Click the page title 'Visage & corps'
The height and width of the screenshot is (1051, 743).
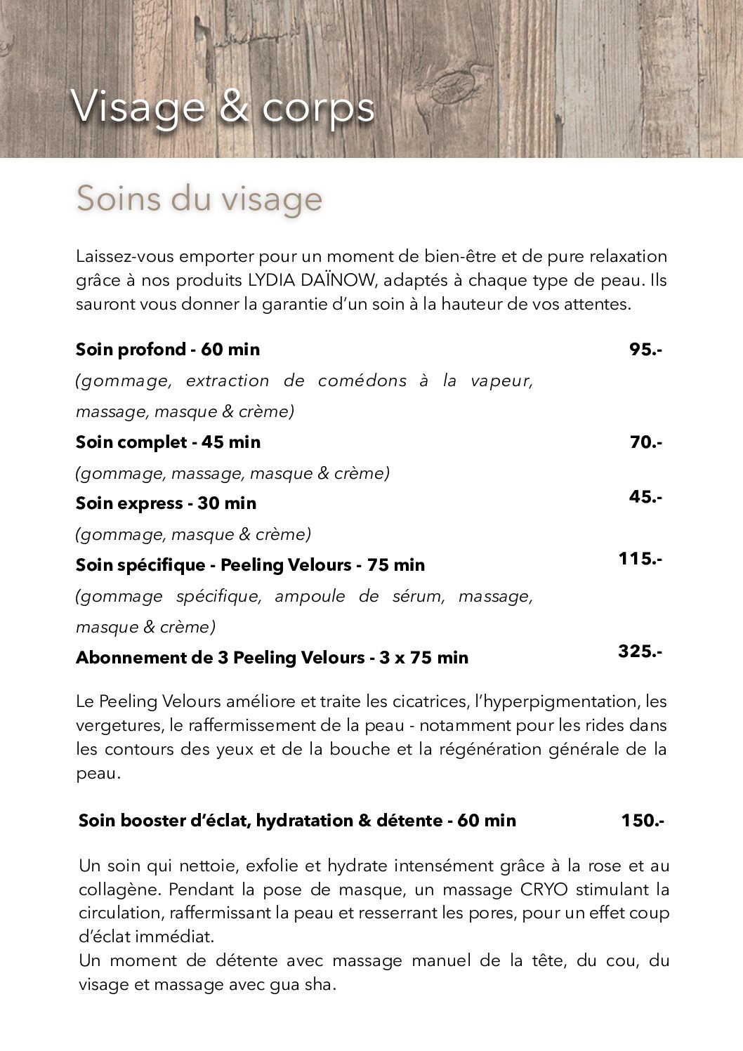click(x=223, y=107)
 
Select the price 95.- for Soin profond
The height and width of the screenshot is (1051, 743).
click(x=645, y=349)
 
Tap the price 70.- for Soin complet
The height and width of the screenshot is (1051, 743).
click(x=646, y=442)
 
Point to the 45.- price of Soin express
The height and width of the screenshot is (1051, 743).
click(x=645, y=496)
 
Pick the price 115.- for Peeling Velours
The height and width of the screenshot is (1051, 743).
click(x=640, y=559)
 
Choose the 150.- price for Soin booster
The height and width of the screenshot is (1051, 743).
click(x=642, y=820)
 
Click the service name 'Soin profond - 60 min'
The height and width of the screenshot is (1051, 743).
click(x=168, y=349)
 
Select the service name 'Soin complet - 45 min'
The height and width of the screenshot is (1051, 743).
click(x=168, y=442)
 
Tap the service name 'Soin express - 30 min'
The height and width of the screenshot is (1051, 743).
click(x=166, y=503)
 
